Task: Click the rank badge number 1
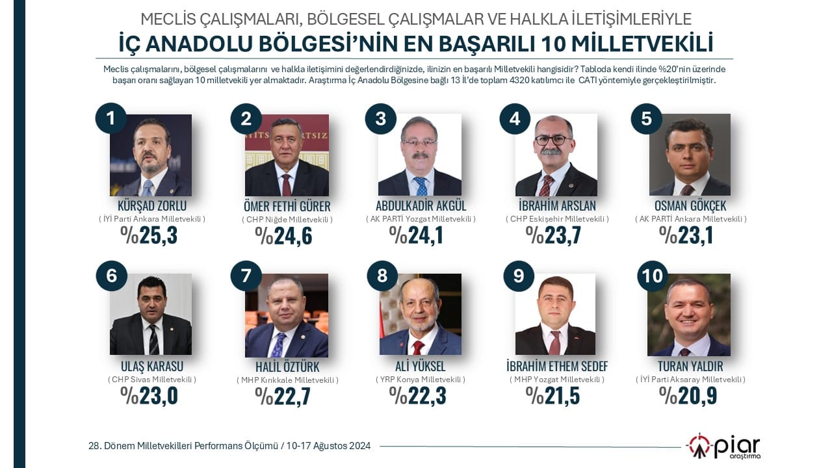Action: (110, 118)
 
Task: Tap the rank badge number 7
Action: (246, 276)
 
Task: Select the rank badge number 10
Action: (653, 276)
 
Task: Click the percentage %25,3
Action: (149, 235)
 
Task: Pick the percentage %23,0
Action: (149, 395)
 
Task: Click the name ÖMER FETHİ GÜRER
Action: (287, 207)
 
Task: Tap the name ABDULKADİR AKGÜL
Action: (421, 207)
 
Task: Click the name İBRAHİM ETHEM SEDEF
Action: (557, 366)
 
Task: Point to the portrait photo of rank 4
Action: (556, 155)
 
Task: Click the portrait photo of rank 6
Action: (151, 314)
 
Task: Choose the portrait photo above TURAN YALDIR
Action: (689, 314)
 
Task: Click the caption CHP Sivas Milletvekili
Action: (152, 380)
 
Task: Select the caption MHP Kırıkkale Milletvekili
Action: (287, 380)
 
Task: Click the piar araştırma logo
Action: (723, 447)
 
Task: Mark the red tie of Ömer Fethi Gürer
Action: (287, 185)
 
